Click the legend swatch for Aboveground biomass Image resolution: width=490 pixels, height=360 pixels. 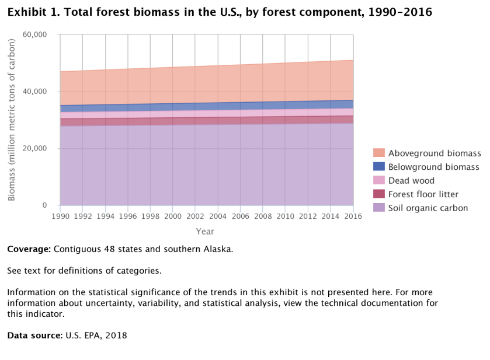pyautogui.click(x=379, y=153)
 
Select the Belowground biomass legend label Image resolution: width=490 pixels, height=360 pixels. pyautogui.click(x=435, y=167)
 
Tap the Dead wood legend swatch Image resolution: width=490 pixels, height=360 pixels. pyautogui.click(x=379, y=180)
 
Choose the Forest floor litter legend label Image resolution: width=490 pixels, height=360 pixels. pyautogui.click(x=432, y=194)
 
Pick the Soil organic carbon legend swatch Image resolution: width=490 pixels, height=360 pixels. pyautogui.click(x=379, y=208)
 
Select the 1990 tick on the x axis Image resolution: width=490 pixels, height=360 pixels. pyautogui.click(x=60, y=216)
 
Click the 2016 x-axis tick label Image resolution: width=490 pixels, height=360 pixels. pyautogui.click(x=353, y=216)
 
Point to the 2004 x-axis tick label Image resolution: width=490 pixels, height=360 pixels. pyautogui.click(x=218, y=216)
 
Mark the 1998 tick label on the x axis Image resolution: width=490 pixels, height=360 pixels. pyautogui.click(x=150, y=216)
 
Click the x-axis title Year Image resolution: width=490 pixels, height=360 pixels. pyautogui.click(x=205, y=231)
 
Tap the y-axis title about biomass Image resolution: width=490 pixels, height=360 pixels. pyautogui.click(x=12, y=120)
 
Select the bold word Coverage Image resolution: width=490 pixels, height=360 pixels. pyautogui.click(x=29, y=249)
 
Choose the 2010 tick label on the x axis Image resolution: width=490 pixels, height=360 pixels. pyautogui.click(x=286, y=216)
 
